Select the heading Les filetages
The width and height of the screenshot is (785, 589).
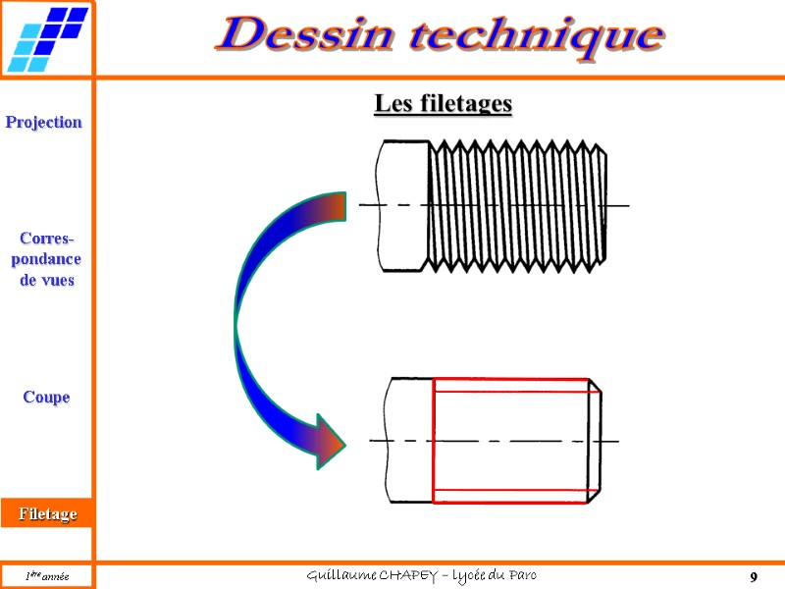[443, 103]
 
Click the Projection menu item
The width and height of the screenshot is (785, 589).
[44, 122]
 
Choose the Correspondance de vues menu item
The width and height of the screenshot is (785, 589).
[46, 259]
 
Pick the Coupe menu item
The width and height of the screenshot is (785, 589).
[46, 397]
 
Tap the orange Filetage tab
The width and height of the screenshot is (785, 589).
[46, 513]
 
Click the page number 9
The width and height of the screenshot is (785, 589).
[754, 576]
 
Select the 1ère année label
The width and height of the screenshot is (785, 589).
[46, 576]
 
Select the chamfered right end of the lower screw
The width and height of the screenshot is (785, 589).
[595, 441]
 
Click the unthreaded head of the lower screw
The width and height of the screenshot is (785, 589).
[410, 441]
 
